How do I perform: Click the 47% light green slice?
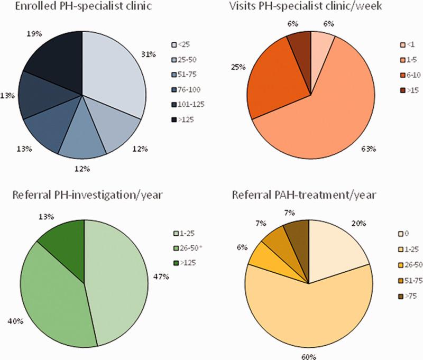pyautogui.click(x=119, y=275)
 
